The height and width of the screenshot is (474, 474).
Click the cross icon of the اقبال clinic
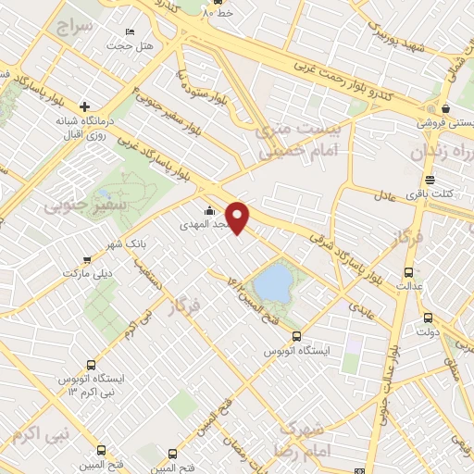(84, 106)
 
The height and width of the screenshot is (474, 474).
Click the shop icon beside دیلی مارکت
(86, 261)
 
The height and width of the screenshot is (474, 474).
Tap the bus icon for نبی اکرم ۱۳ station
(90, 364)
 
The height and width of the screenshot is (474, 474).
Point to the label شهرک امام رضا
(304, 439)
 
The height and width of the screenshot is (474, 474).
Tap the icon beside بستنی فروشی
(445, 107)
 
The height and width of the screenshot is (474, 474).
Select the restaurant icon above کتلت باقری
(429, 180)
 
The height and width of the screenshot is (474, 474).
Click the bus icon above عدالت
(409, 272)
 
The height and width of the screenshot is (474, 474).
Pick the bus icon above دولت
(427, 318)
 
